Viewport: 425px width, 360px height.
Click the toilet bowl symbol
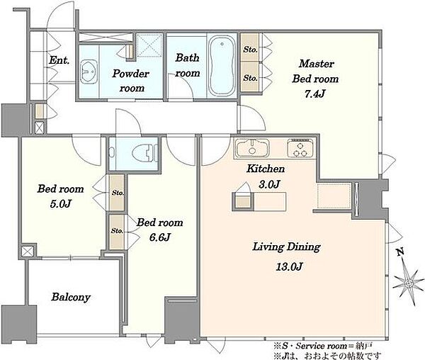click(x=143, y=154)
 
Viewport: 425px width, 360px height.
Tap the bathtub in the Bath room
click(x=222, y=66)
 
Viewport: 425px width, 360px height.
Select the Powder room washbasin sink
click(x=89, y=72)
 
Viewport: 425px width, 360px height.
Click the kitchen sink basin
click(x=252, y=148)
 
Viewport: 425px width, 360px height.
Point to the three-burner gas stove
click(x=300, y=148)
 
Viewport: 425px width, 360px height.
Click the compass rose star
click(x=408, y=283)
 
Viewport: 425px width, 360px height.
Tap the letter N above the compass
click(x=400, y=252)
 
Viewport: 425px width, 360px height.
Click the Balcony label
click(x=71, y=297)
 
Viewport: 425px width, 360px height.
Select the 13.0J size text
click(x=289, y=266)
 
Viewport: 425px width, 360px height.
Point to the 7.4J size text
click(x=314, y=94)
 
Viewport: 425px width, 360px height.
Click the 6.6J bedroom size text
click(x=159, y=237)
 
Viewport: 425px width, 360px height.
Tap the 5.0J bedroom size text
click(x=60, y=204)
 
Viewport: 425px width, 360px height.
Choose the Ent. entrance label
click(x=59, y=60)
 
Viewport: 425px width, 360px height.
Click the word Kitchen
click(x=266, y=169)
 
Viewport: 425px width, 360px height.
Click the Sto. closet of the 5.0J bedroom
click(x=118, y=193)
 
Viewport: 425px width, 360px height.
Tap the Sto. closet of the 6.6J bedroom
click(x=117, y=231)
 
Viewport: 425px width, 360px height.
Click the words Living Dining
click(x=286, y=247)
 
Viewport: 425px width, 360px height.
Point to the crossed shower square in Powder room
click(x=148, y=45)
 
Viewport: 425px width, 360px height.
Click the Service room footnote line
click(x=323, y=346)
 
